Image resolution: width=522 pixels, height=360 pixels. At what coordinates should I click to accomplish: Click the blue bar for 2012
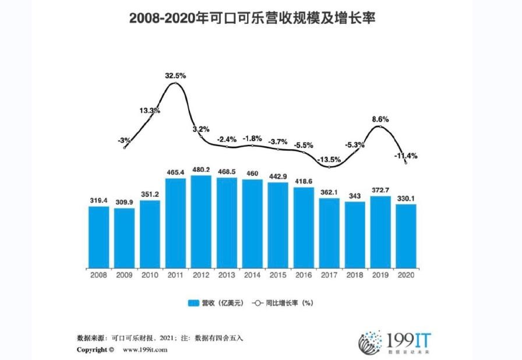tap(201, 221)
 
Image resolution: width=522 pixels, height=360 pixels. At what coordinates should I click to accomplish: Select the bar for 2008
tap(98, 236)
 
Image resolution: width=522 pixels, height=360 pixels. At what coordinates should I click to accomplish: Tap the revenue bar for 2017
tap(329, 232)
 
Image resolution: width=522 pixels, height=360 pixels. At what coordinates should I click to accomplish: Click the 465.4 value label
tap(175, 172)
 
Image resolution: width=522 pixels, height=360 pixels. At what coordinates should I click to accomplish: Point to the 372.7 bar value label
tap(380, 190)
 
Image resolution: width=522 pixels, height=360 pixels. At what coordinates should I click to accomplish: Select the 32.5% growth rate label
tap(175, 76)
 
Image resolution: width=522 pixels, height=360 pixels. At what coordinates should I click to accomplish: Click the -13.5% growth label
tap(329, 159)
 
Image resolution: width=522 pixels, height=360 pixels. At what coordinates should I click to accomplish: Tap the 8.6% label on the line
tap(380, 119)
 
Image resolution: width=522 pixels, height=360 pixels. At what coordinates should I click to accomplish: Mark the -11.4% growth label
tap(405, 156)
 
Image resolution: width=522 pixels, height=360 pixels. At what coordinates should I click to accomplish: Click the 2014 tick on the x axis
tap(252, 275)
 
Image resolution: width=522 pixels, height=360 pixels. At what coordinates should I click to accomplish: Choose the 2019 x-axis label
tap(380, 275)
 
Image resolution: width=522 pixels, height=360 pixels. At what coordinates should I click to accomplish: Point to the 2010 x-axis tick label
tap(150, 275)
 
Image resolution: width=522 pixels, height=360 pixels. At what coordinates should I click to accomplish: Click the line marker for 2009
tap(125, 148)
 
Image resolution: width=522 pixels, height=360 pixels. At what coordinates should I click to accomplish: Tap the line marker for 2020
tap(405, 163)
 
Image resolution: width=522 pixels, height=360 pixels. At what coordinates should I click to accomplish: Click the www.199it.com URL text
tap(145, 350)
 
